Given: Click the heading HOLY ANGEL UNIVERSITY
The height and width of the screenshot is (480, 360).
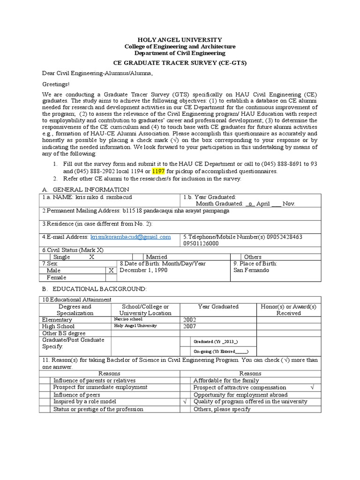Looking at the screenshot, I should click(x=180, y=40).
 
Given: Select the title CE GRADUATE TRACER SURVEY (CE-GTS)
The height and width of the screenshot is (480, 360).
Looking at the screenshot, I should click(x=180, y=62).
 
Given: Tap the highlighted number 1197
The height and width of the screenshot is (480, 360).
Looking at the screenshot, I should click(x=159, y=171).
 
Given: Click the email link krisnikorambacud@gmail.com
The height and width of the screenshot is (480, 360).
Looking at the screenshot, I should click(x=130, y=237).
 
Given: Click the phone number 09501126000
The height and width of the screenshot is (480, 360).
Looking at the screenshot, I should click(x=201, y=244).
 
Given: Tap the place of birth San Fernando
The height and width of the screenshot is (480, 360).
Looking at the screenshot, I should click(x=251, y=270).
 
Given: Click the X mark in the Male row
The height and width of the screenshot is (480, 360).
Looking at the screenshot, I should click(x=111, y=270).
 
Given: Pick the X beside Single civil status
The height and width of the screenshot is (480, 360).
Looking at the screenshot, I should click(x=92, y=257).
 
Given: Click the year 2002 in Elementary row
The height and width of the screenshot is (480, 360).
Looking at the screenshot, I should click(x=190, y=320).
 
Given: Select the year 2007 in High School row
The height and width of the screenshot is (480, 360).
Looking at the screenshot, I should click(x=190, y=326).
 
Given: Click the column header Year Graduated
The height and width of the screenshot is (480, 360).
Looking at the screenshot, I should click(x=218, y=307).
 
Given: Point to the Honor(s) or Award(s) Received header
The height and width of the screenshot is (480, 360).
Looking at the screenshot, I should click(x=289, y=310).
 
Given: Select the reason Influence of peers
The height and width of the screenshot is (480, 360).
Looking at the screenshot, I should click(x=76, y=395).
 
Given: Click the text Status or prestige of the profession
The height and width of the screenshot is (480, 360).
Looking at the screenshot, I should click(x=98, y=409).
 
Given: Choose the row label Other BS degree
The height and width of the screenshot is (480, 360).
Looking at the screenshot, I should click(x=64, y=333).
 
